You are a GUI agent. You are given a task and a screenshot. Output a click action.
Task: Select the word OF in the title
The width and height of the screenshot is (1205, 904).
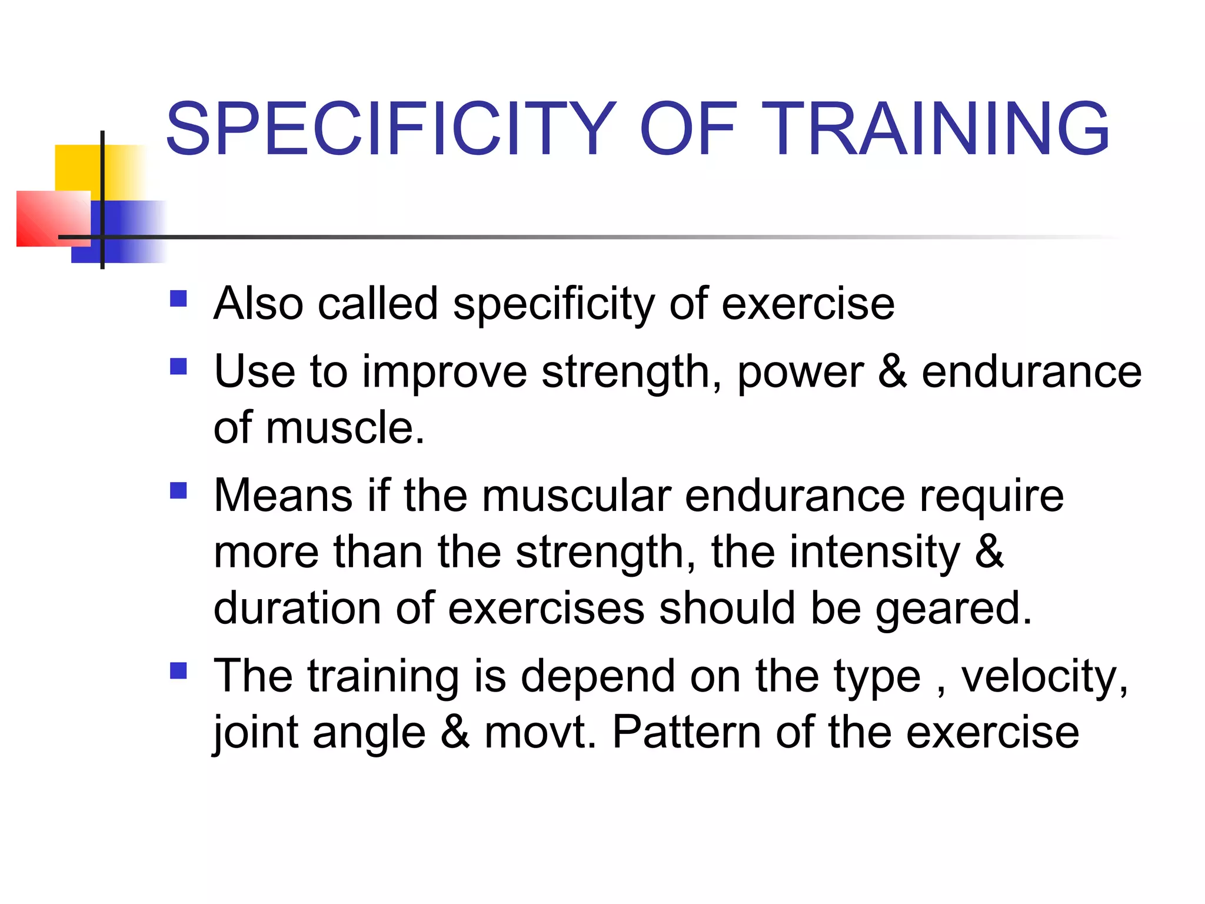click(688, 129)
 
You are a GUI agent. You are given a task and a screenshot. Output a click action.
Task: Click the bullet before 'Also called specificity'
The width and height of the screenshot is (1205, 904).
click(178, 299)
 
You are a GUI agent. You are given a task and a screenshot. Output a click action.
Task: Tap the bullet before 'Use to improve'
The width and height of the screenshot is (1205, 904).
click(178, 367)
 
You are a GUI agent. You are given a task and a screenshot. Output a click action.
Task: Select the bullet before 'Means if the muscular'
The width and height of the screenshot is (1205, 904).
click(178, 491)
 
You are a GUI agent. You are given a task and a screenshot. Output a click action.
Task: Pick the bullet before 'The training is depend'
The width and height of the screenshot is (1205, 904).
click(178, 671)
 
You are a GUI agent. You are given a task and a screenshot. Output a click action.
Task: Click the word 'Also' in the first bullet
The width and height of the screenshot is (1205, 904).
click(259, 304)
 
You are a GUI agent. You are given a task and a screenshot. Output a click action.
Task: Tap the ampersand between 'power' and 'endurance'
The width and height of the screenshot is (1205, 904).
click(892, 371)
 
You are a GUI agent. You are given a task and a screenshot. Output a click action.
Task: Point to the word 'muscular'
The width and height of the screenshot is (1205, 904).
click(576, 496)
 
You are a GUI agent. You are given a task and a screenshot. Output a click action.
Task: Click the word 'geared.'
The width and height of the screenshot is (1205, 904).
click(954, 609)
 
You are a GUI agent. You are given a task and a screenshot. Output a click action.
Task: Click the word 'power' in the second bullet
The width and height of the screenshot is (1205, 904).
click(800, 373)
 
